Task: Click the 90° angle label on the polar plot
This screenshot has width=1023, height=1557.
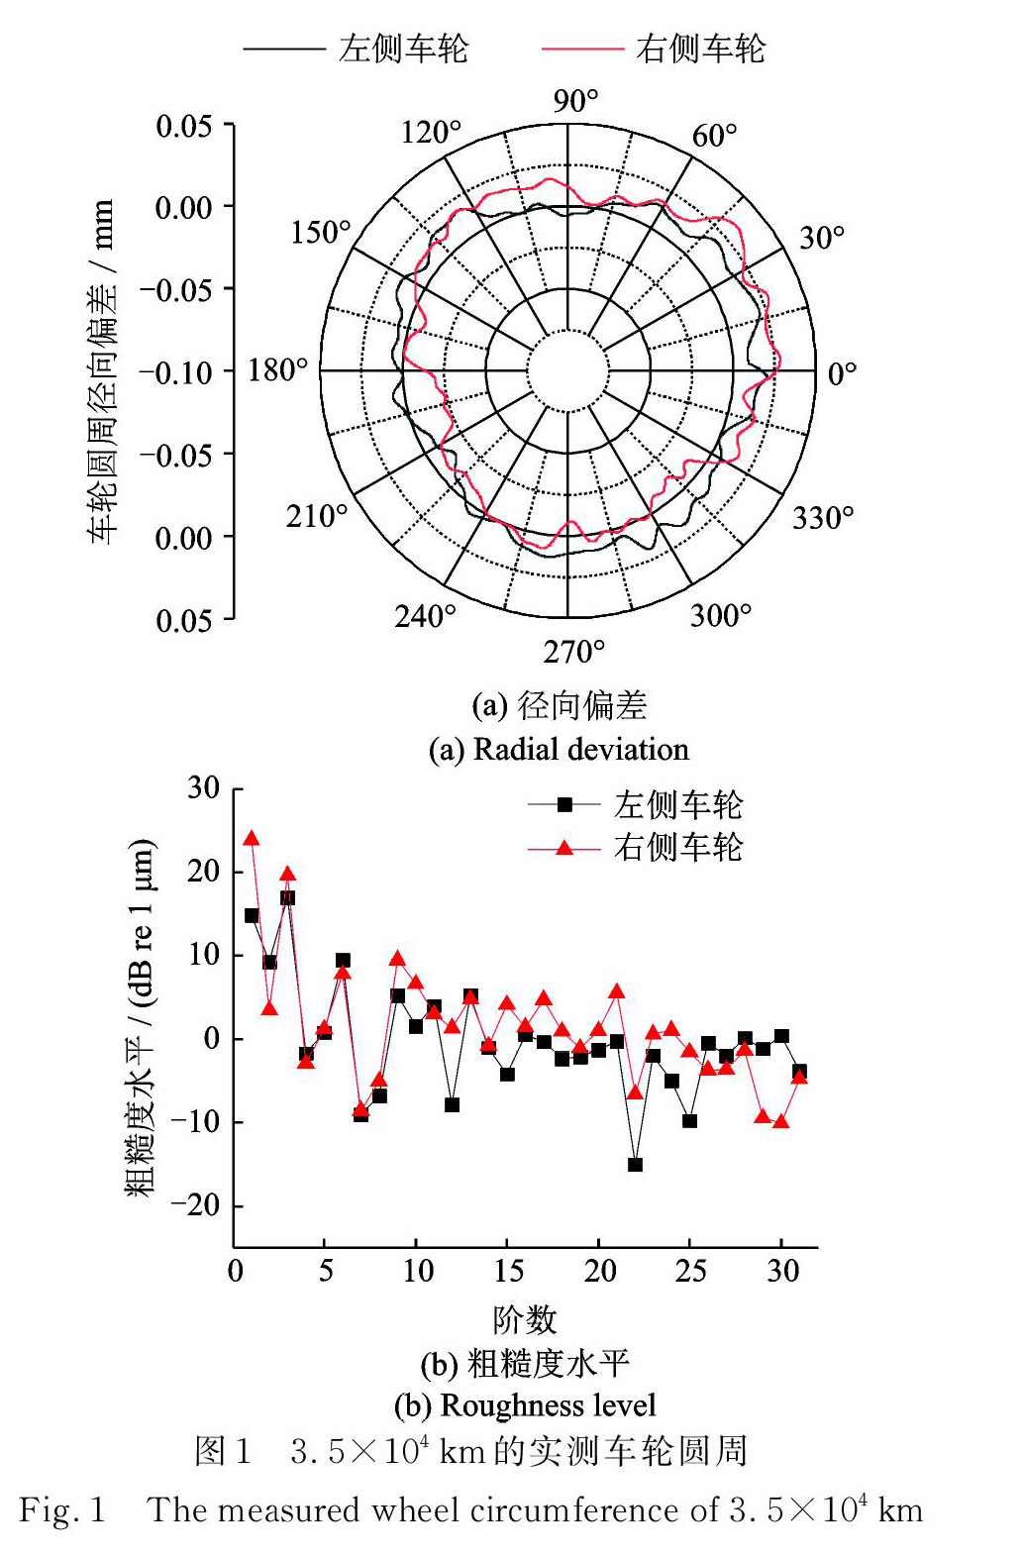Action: (575, 101)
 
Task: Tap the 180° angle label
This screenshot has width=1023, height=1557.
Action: (277, 370)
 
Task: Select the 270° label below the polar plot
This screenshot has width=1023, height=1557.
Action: (573, 652)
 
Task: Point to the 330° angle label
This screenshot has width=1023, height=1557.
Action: (822, 517)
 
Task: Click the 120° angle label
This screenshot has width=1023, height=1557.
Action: (431, 132)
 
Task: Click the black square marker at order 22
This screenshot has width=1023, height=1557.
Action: (635, 1165)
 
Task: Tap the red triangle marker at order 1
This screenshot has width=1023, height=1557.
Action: (252, 839)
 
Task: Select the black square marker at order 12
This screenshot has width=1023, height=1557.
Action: (453, 1104)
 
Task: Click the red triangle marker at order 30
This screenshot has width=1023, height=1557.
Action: (781, 1121)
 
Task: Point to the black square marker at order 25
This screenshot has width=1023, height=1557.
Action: (690, 1121)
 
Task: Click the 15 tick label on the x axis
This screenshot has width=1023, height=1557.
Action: (508, 1271)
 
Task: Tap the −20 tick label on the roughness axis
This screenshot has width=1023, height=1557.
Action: (195, 1205)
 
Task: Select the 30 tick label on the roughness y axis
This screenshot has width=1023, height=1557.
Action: (203, 788)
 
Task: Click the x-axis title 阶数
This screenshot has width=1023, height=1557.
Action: (525, 1319)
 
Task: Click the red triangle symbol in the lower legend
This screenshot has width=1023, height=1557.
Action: (564, 848)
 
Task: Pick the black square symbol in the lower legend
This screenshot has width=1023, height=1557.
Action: (564, 805)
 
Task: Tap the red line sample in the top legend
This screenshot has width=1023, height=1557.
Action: (581, 49)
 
